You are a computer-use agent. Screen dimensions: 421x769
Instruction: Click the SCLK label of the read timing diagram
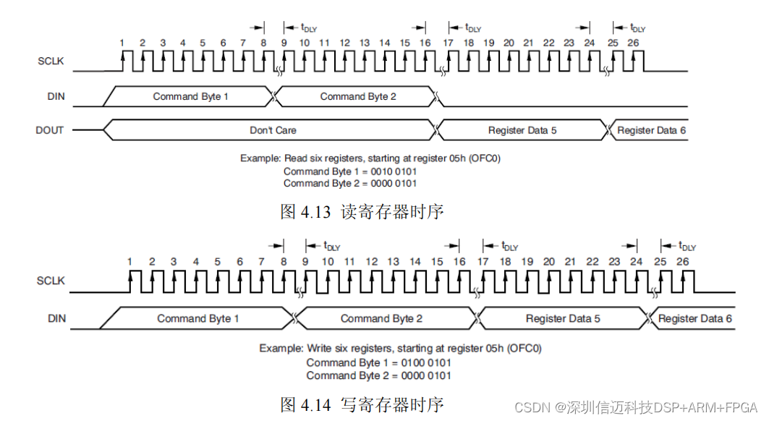click(51, 61)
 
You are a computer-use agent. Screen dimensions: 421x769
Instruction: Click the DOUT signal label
click(50, 131)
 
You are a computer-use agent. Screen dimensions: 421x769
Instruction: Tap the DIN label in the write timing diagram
click(56, 318)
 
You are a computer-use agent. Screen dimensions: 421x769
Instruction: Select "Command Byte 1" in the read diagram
click(190, 96)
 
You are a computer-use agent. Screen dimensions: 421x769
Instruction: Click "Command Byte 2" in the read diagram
click(358, 96)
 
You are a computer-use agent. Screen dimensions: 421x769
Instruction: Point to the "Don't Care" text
click(273, 130)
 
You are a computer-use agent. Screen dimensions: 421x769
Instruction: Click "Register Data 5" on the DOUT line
click(522, 131)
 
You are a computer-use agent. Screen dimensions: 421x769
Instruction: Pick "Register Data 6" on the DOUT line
click(651, 131)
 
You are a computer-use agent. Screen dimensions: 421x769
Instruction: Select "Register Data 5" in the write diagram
click(562, 318)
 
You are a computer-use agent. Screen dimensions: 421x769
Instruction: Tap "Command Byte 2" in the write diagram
click(381, 318)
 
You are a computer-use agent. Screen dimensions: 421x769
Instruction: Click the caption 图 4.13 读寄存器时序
click(361, 212)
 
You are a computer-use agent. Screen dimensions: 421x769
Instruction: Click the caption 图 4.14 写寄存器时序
click(361, 404)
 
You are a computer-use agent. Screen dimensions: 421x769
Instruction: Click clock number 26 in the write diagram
click(682, 261)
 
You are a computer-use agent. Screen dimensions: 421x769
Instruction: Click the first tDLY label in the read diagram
click(308, 28)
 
